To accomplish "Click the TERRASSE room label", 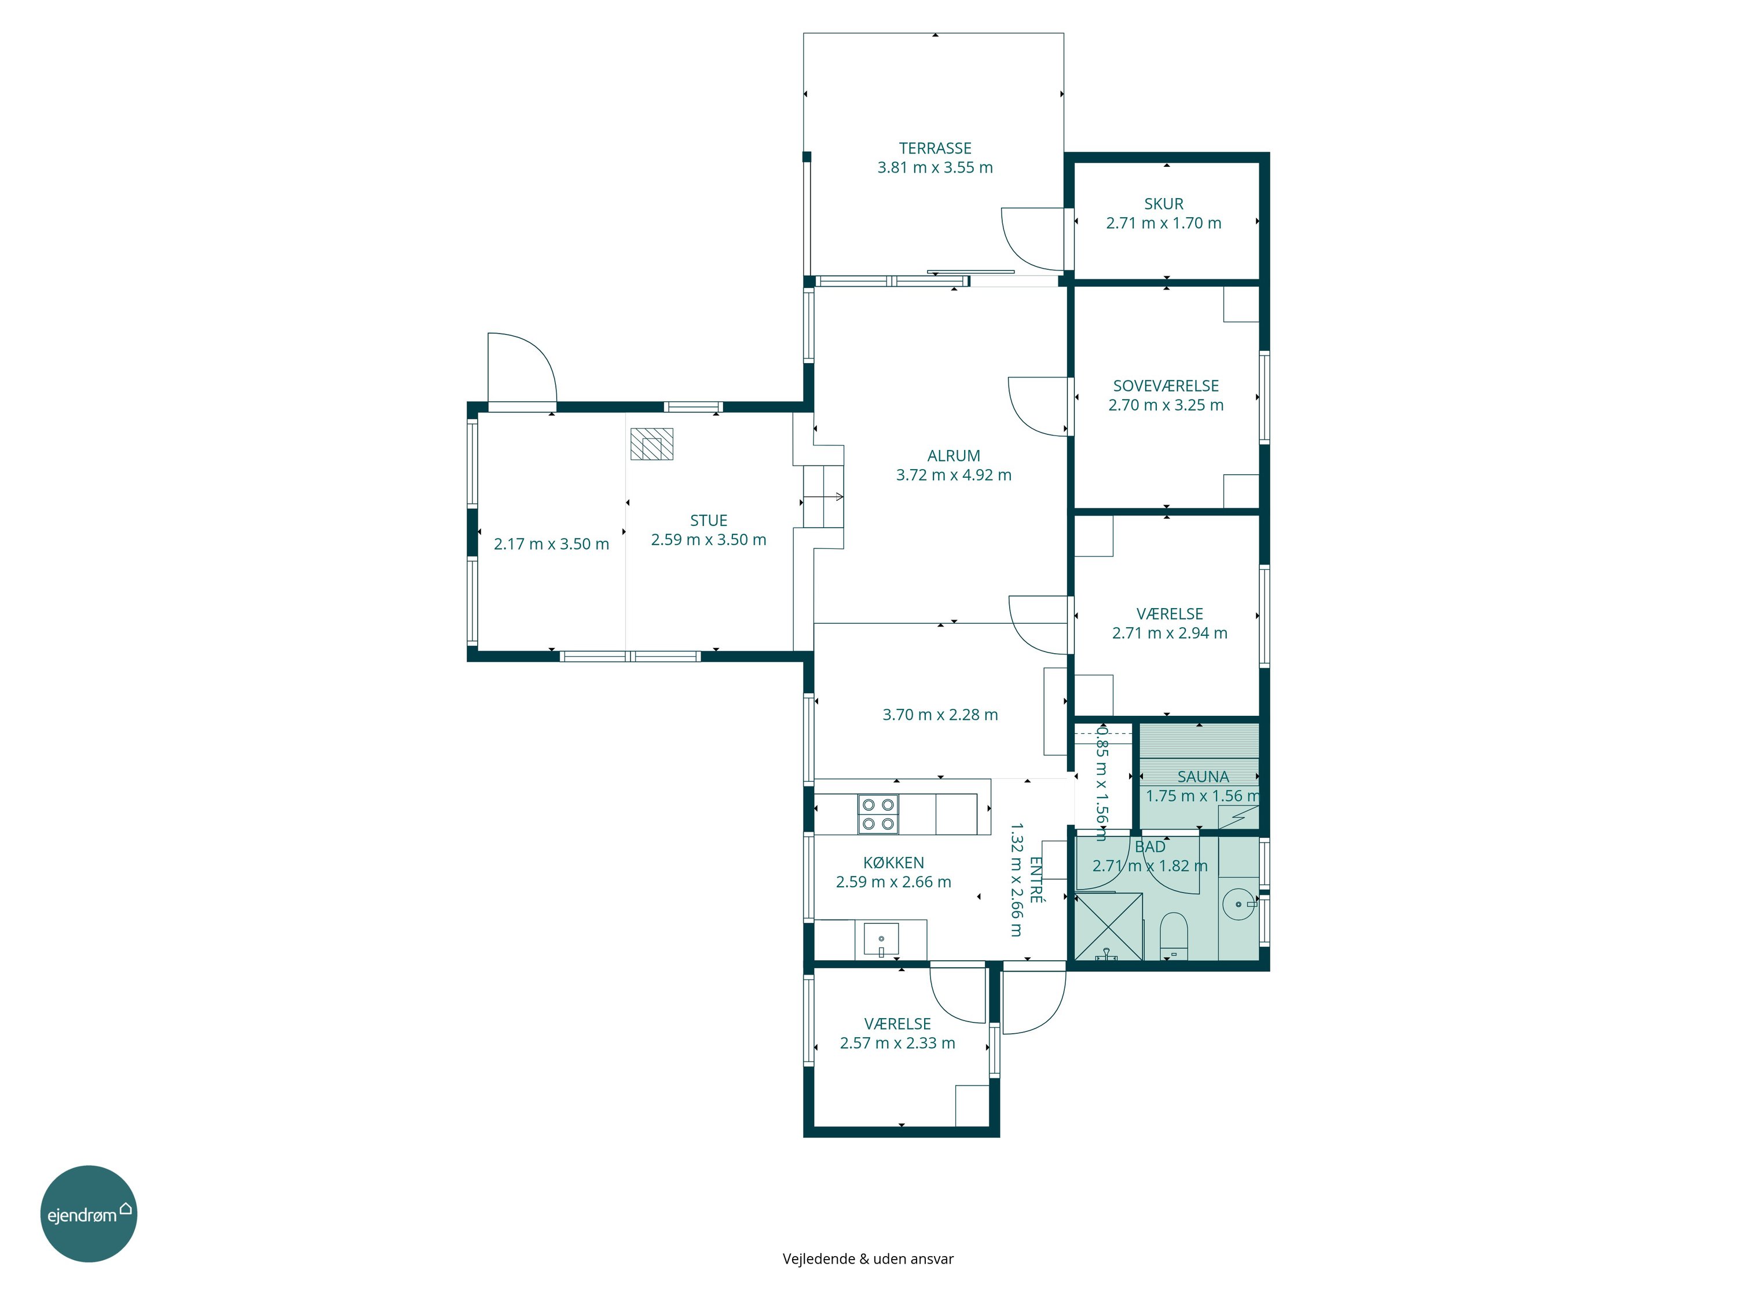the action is point(935,148).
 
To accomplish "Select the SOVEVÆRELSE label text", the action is point(1166,386).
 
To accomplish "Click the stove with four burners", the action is point(878,814).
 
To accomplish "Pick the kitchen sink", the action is point(881,939).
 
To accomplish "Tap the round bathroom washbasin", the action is point(1239,904).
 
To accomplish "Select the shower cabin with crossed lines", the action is point(1108,927).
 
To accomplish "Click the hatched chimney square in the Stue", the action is point(652,444).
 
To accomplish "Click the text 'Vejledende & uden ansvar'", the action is point(868,1259).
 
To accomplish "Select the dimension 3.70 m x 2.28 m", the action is point(940,715).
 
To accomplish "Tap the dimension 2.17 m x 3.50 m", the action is point(551,544).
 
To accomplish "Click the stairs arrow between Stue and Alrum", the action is point(823,496).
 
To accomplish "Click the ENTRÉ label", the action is point(1036,880).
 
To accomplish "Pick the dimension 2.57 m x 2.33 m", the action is point(897,1044).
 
